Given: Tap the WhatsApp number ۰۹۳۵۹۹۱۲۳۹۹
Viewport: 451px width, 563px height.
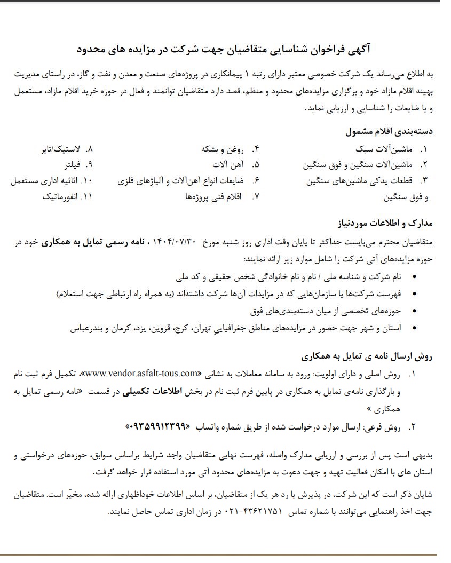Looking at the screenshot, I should [x=158, y=427].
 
